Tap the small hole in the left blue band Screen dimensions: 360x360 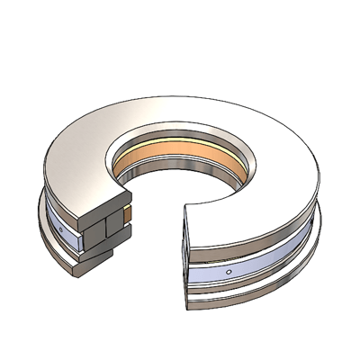click(60, 230)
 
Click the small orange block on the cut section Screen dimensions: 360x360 click(128, 214)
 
